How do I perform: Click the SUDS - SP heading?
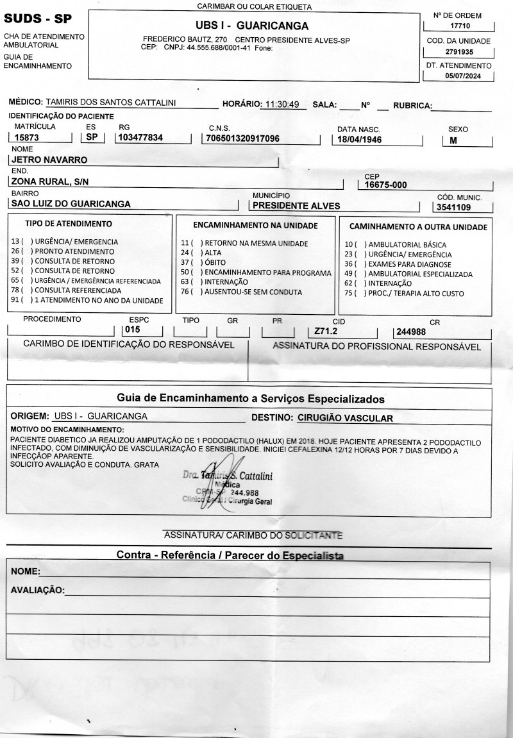tap(38, 19)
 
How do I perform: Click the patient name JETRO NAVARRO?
tap(49, 160)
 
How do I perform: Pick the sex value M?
tap(453, 139)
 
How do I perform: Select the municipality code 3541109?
tap(454, 208)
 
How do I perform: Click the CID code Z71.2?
tap(326, 331)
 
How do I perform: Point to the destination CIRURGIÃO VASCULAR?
tap(345, 417)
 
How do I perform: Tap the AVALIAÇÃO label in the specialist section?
tap(38, 590)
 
